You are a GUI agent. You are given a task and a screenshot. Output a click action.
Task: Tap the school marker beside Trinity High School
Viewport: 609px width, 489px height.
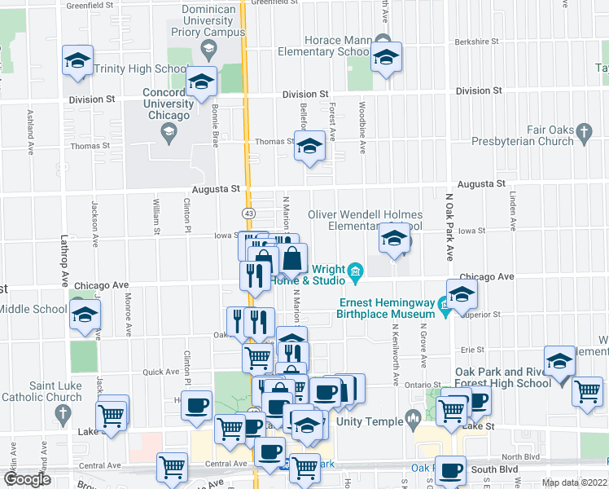tap(78, 61)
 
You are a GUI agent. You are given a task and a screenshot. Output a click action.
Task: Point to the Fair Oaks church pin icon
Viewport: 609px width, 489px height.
tap(583, 131)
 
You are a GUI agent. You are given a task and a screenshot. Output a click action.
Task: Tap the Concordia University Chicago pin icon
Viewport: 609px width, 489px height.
tap(169, 133)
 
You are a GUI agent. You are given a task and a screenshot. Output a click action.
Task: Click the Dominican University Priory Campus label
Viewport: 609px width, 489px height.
tap(208, 21)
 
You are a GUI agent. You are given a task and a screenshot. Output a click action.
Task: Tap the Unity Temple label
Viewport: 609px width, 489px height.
tap(374, 421)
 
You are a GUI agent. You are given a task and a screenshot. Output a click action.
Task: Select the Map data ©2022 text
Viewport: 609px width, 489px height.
tap(574, 482)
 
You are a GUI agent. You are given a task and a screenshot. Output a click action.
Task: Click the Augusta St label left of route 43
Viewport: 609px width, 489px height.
tap(217, 188)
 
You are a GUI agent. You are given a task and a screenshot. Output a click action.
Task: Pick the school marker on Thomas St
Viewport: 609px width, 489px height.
tap(309, 147)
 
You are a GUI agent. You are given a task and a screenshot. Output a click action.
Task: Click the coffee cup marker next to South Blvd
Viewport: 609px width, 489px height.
tap(449, 470)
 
